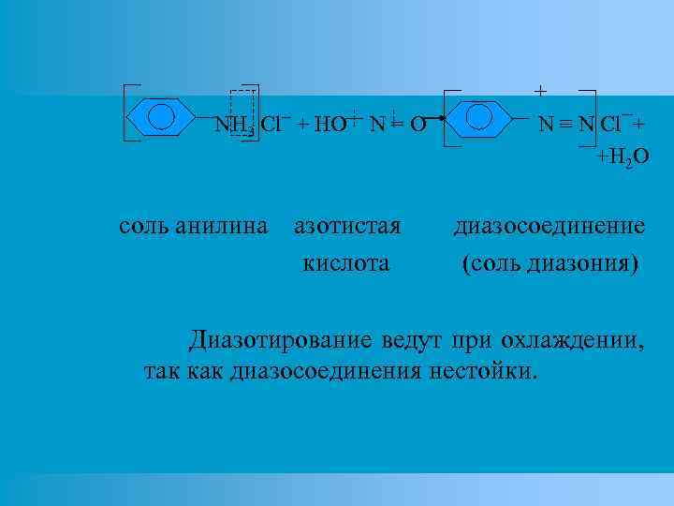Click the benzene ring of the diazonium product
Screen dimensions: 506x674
pyautogui.click(x=478, y=117)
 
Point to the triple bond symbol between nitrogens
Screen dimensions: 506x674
pyautogui.click(x=559, y=124)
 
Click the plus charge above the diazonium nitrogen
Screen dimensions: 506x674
pyautogui.click(x=540, y=91)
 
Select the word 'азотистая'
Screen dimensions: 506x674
pyautogui.click(x=346, y=226)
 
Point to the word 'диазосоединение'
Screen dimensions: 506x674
pyautogui.click(x=549, y=226)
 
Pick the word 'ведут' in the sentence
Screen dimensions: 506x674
pyautogui.click(x=413, y=337)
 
